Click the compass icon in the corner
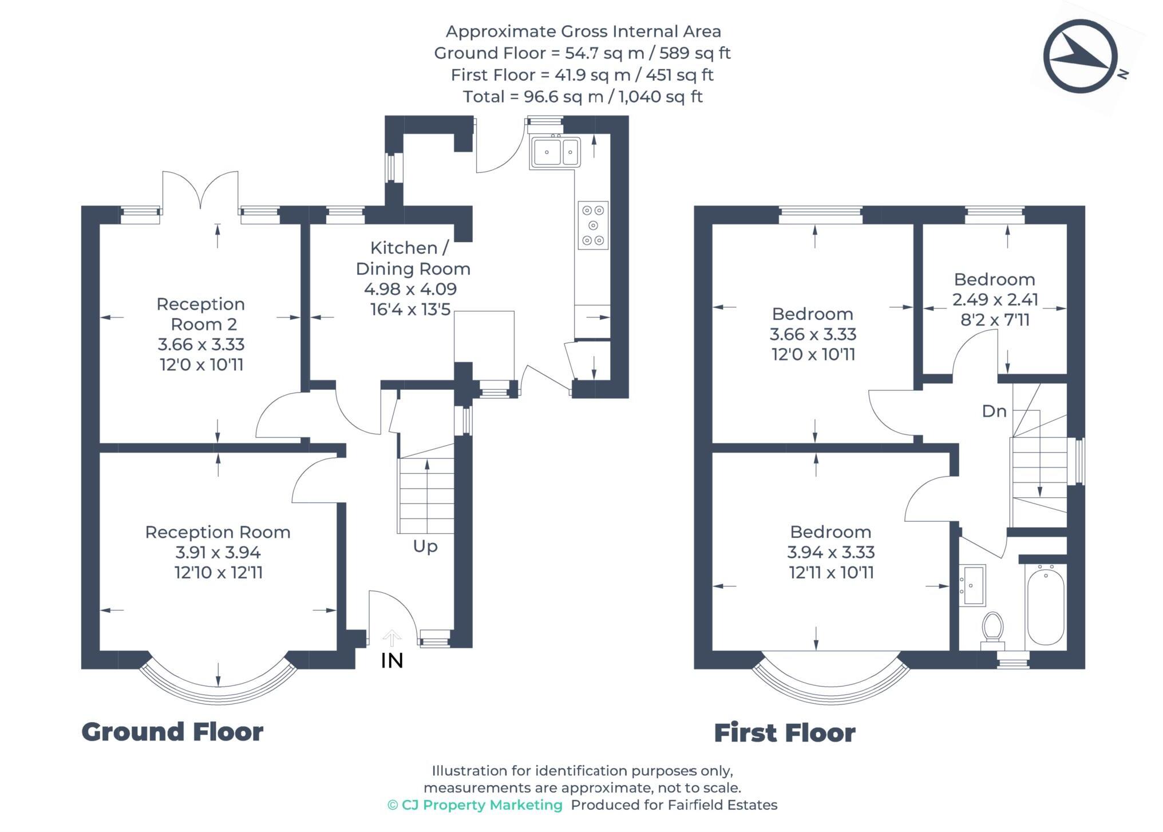point(1081,56)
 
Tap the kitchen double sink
point(555,152)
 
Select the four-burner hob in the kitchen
point(593,225)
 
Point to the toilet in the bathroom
point(992,630)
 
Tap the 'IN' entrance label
point(392,661)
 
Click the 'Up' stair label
point(425,546)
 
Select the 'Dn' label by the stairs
point(994,411)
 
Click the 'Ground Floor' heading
point(172,732)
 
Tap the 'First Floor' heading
point(785,733)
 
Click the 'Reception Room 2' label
point(201,314)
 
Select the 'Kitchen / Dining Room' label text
point(413,258)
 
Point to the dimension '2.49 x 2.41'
point(995,299)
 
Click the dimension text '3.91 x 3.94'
point(218,552)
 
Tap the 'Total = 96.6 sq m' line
point(583,97)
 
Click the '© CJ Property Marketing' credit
point(475,805)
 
